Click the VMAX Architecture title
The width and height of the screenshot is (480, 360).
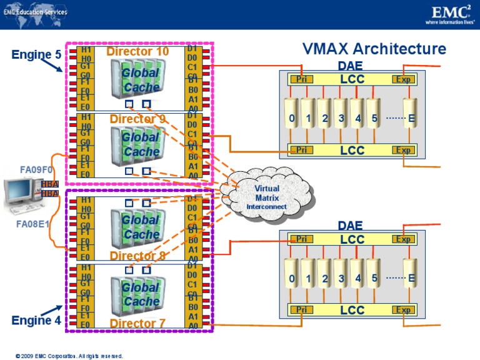pos(374,49)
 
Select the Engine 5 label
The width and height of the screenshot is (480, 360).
pos(36,55)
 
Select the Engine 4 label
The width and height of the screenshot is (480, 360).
pos(36,321)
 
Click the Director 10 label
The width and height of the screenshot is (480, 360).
pos(137,51)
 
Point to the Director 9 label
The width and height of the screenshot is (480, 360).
pos(137,119)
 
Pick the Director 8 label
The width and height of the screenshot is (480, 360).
pos(137,256)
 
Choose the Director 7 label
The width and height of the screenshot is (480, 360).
pos(137,323)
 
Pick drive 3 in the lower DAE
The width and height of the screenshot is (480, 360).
pos(341,278)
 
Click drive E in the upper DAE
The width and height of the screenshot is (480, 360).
pos(411,118)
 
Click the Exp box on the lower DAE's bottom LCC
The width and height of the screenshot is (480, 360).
pos(404,310)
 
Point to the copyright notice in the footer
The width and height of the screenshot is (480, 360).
pos(69,356)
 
